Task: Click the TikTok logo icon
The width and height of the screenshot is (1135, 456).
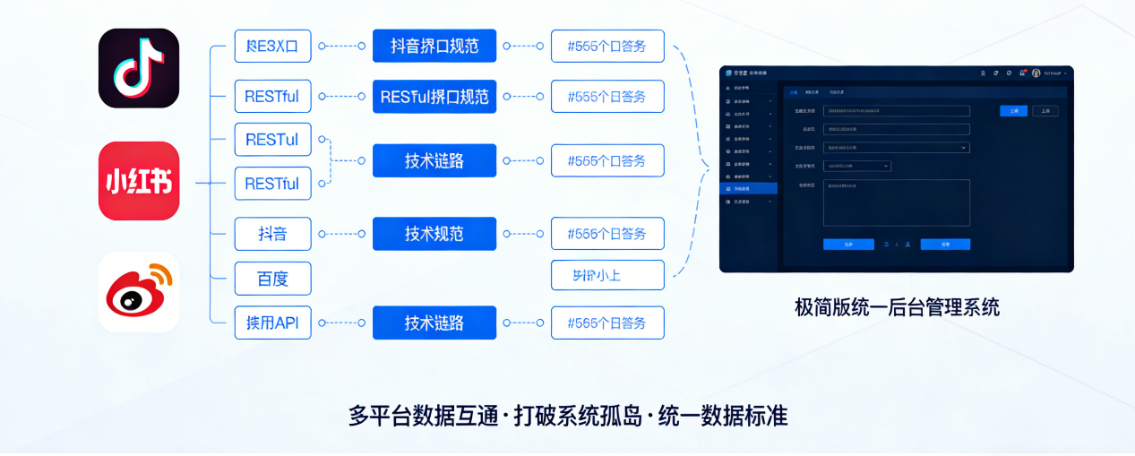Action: coord(139,68)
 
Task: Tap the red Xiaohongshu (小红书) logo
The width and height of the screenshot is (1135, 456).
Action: coord(139,181)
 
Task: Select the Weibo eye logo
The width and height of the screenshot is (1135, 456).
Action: coord(139,292)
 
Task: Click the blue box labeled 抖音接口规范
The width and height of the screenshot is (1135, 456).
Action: coord(434,46)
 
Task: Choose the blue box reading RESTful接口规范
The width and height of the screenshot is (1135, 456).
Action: coord(434,97)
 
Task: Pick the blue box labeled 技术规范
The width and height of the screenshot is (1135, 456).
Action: coord(434,234)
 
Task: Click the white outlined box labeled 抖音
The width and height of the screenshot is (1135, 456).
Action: coord(272,234)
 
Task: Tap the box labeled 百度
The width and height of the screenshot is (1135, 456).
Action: coord(272,278)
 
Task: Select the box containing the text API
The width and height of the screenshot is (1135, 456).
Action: coord(272,323)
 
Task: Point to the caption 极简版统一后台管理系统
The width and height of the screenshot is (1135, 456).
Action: coord(897,307)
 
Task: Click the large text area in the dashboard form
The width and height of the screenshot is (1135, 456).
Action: coord(896,202)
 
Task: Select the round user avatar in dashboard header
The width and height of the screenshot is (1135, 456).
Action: coord(1036,73)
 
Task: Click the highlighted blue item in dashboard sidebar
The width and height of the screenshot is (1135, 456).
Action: coord(749,189)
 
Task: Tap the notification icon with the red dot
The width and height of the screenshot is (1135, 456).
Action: coord(1022,73)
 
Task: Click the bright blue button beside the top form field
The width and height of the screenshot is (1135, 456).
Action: coord(1013,111)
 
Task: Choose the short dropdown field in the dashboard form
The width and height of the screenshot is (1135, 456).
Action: coord(857,166)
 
